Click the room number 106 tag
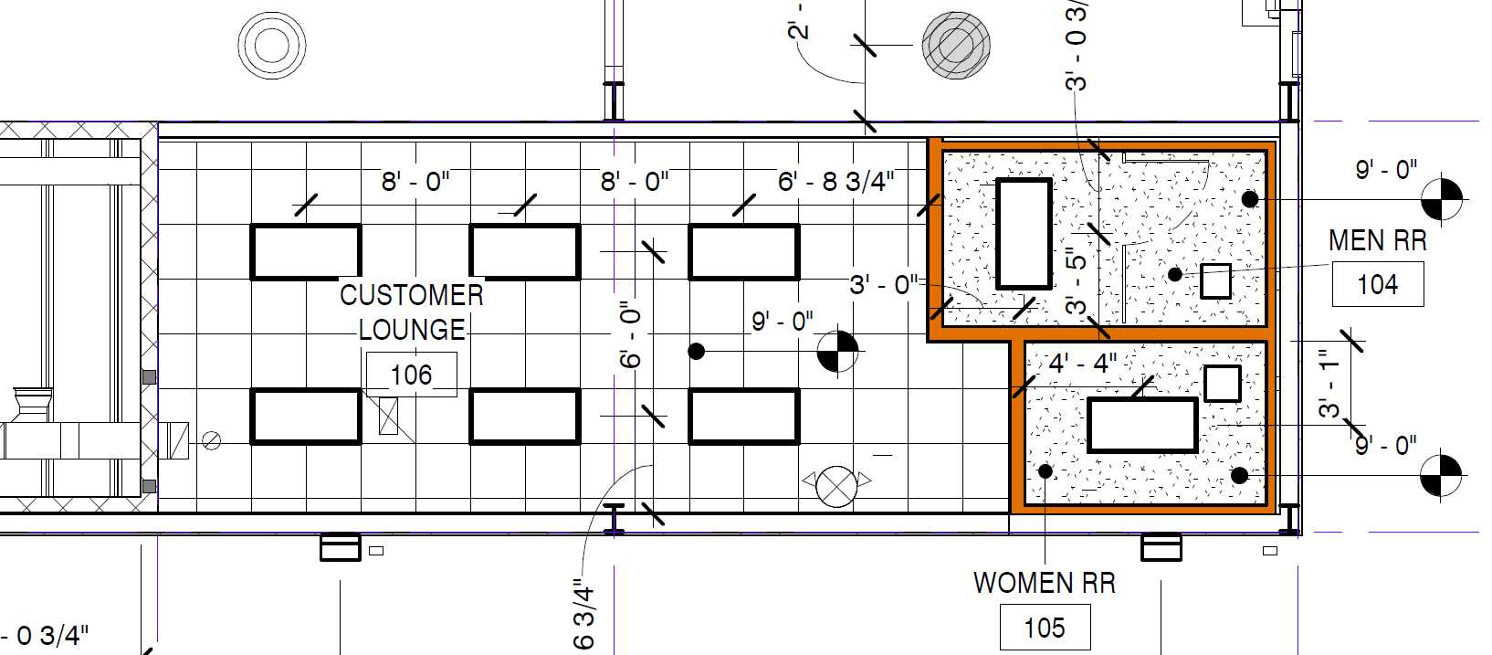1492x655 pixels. coord(412,375)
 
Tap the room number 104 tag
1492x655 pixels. coord(1378,284)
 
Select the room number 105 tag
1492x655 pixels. coord(1045,627)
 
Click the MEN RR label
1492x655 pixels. coord(1378,240)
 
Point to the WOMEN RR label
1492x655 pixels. coord(1045,583)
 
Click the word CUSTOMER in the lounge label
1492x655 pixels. coord(412,295)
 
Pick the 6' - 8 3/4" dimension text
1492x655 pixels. coord(835,181)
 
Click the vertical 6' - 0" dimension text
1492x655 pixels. coord(630,334)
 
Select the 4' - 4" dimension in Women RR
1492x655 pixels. coord(1082,364)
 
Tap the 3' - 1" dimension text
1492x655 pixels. coord(1329,384)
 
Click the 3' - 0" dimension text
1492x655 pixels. coord(883,285)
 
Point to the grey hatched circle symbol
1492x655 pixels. coord(956,46)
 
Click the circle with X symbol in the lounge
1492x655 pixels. coord(836,486)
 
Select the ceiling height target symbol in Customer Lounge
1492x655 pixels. coord(837,351)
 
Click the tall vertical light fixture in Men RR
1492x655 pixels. coord(1024,233)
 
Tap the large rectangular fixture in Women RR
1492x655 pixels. coord(1142,425)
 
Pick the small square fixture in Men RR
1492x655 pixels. coord(1215,281)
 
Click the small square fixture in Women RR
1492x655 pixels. coord(1223,383)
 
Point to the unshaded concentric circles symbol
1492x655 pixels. coord(272,46)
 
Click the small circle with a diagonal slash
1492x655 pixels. coord(211,440)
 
